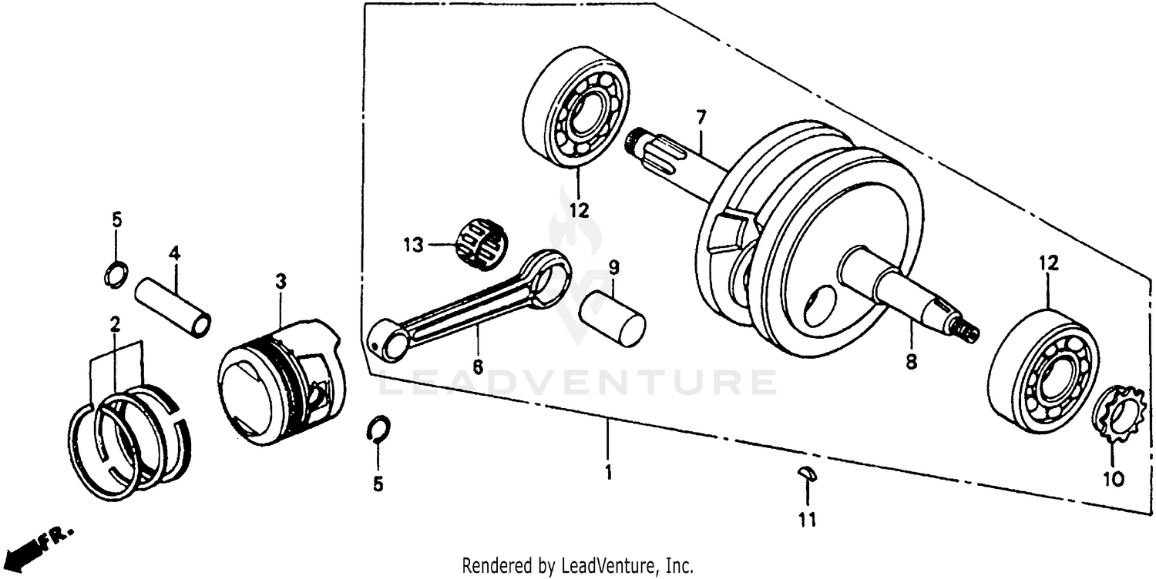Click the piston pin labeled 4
[173, 306]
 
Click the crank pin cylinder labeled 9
[612, 318]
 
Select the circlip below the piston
[378, 428]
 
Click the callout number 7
[701, 118]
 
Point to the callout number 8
[912, 361]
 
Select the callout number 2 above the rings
[115, 324]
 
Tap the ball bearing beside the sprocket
[1042, 370]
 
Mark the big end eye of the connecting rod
[549, 275]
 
